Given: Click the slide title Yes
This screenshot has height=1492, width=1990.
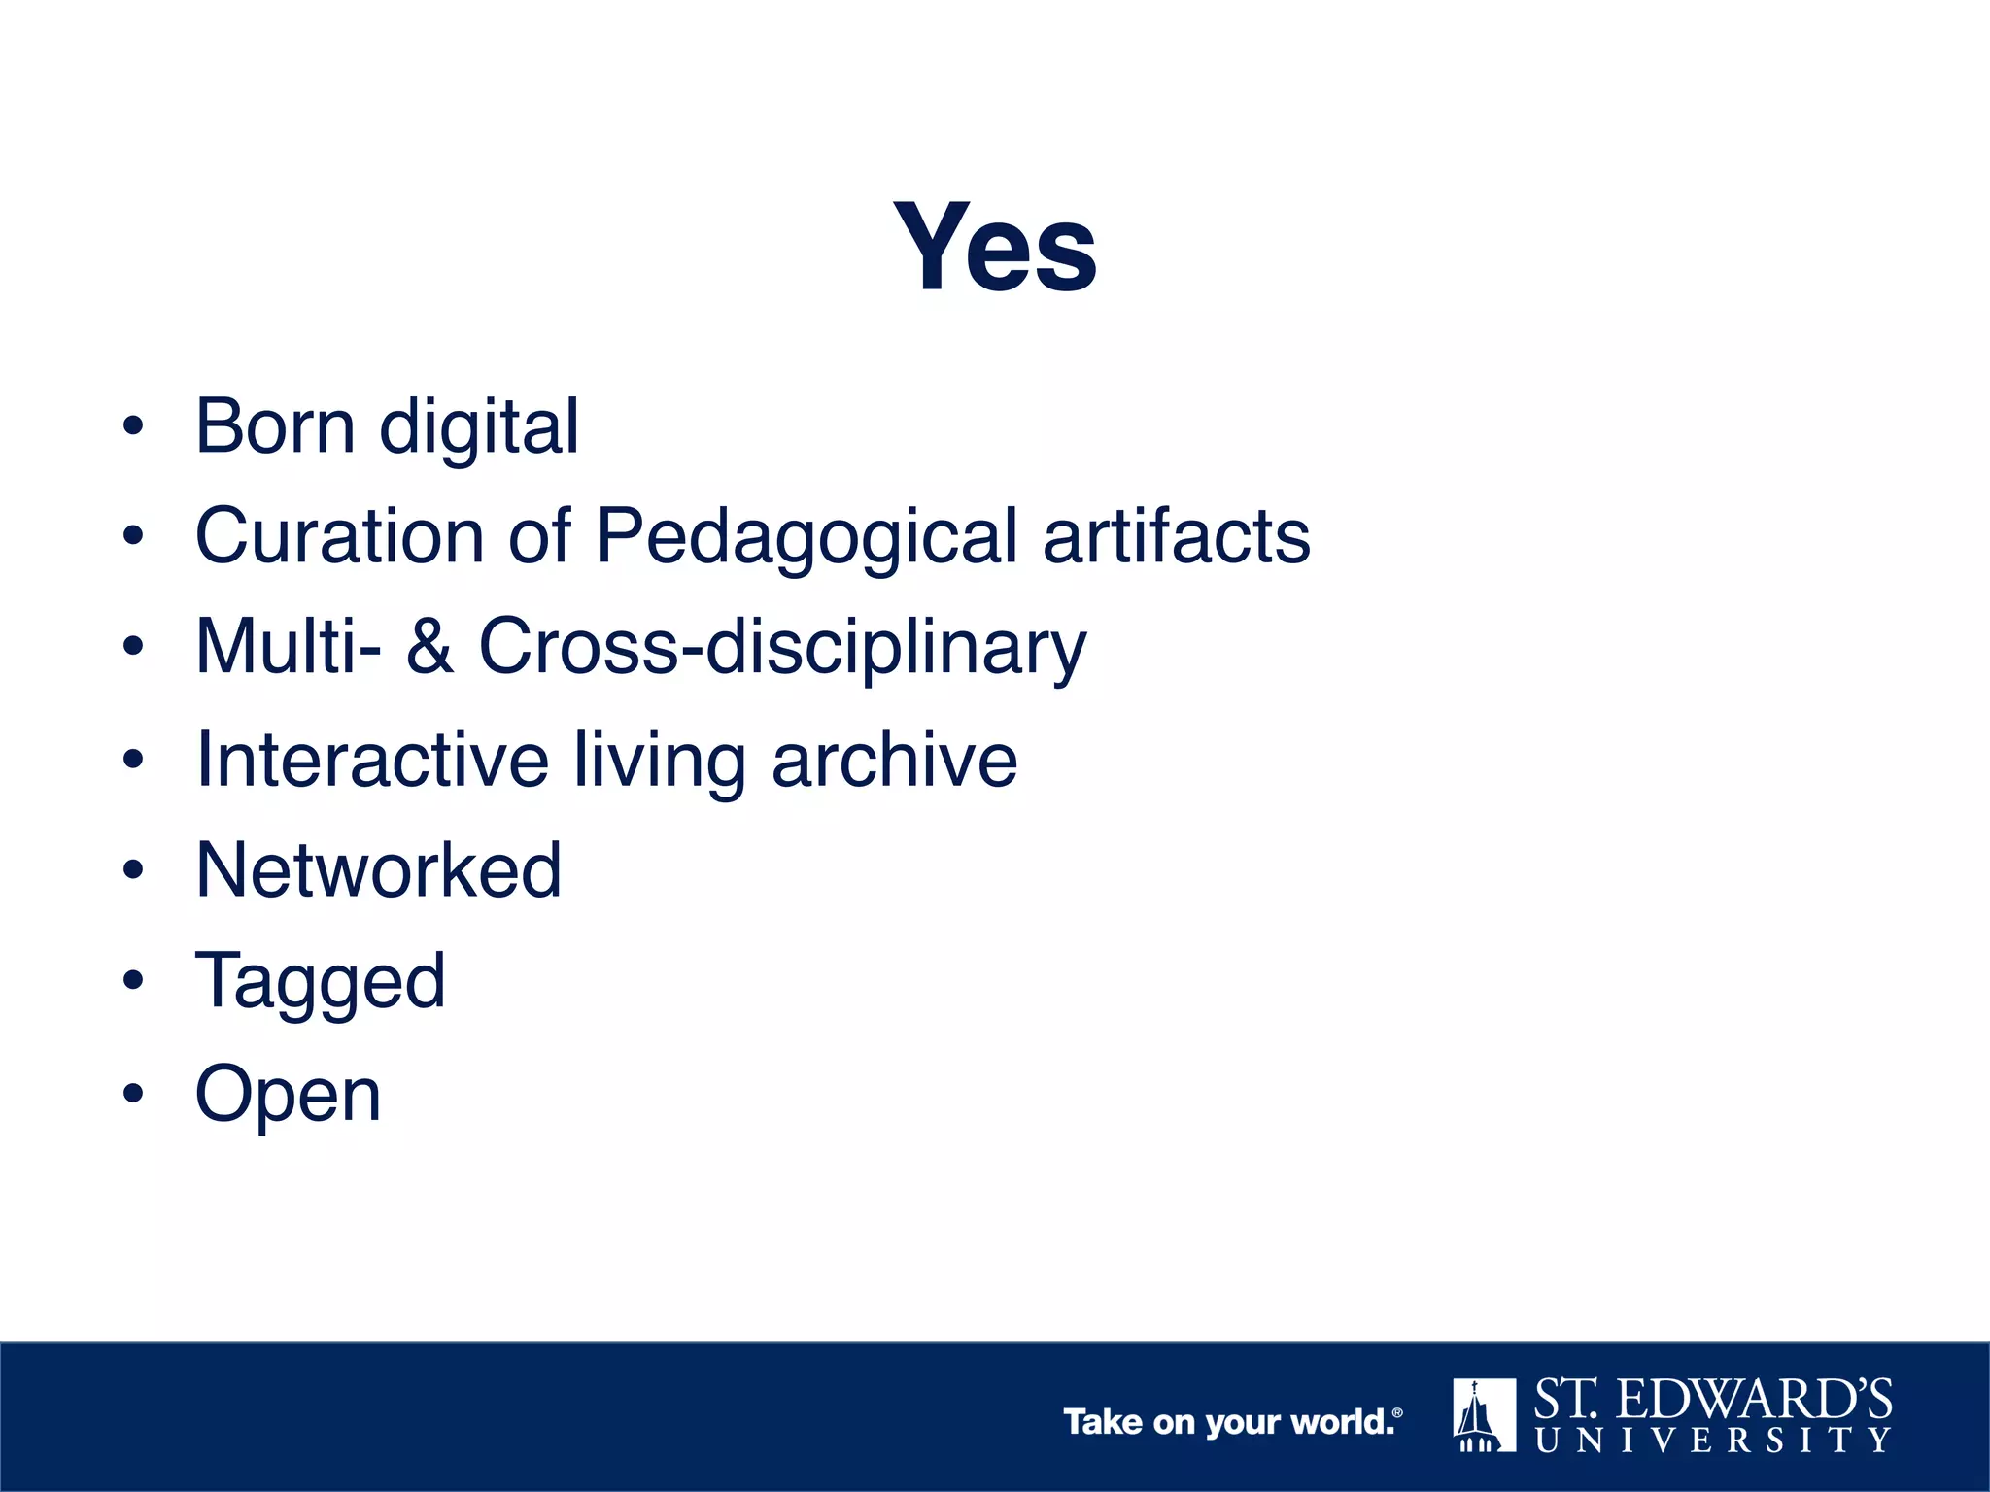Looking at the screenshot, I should [995, 247].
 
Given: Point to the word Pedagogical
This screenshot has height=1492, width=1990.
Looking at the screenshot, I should [806, 538].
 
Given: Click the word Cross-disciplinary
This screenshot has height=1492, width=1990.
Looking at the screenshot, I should [782, 648].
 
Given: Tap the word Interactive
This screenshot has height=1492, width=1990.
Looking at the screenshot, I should [372, 759].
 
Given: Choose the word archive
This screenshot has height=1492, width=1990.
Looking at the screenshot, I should [894, 759].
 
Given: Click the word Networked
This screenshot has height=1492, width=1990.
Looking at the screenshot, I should [379, 869].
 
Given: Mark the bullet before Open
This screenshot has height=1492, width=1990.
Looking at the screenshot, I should [133, 1094].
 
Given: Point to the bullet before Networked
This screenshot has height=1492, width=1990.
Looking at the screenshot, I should [133, 869].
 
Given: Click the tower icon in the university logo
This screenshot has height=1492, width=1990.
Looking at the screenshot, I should [1484, 1415].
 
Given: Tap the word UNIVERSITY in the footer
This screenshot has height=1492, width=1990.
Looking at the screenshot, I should [1713, 1440].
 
